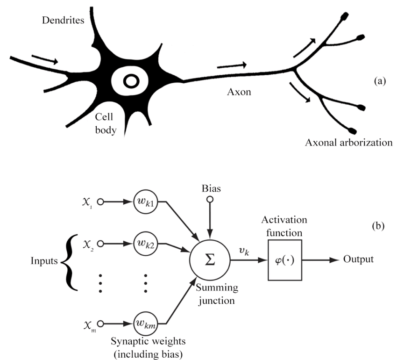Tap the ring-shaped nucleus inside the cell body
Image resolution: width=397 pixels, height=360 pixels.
tap(131, 82)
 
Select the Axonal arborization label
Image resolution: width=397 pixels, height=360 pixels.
tap(347, 143)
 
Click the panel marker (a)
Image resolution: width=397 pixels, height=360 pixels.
tap(379, 81)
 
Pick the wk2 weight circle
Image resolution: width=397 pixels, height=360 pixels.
tap(145, 244)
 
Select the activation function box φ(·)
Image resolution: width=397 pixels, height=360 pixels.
tap(285, 259)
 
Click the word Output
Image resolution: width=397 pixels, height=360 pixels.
tap(359, 259)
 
